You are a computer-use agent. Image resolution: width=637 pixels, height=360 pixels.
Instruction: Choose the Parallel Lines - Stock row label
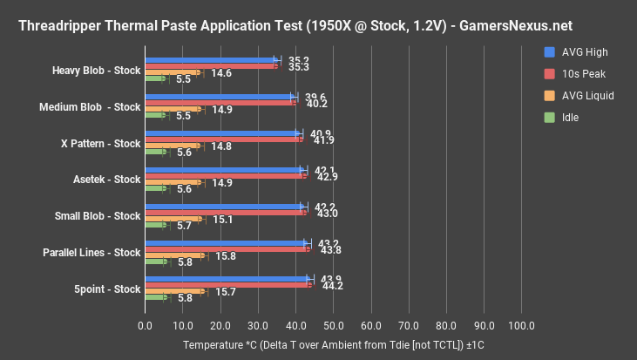(91, 253)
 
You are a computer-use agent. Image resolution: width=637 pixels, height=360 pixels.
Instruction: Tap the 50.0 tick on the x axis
(334, 325)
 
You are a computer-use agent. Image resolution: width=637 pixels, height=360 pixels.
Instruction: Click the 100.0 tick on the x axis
(521, 325)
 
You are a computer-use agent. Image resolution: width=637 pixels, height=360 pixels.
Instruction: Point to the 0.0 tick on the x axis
(146, 325)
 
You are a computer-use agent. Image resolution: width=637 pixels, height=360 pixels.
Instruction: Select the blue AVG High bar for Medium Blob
(220, 96)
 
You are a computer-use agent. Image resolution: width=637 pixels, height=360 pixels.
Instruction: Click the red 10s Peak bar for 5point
(228, 284)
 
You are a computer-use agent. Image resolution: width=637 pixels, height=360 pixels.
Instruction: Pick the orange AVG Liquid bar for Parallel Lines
(174, 255)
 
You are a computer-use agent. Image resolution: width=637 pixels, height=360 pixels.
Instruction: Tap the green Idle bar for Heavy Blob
(155, 78)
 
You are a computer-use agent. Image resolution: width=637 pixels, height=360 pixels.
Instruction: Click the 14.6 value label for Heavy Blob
(221, 73)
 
